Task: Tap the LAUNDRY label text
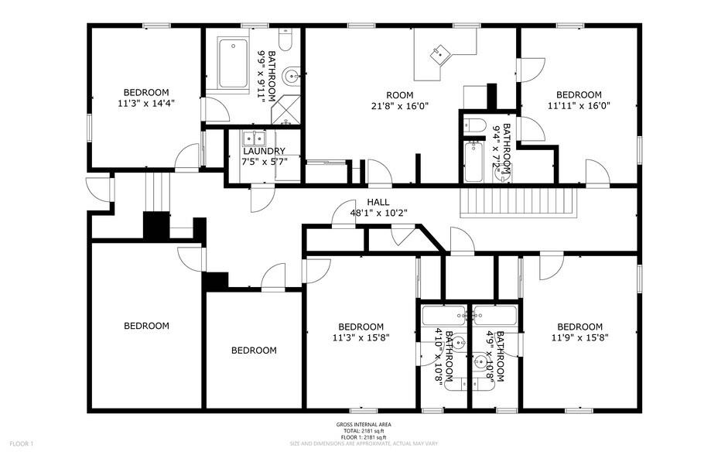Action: tap(264, 151)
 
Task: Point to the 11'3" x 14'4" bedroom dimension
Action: tap(146, 101)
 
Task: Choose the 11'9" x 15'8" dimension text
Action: tap(579, 337)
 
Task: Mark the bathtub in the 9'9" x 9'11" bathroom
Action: tap(234, 65)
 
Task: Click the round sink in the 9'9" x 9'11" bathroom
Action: tap(290, 76)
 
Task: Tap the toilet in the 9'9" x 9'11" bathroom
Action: tap(284, 39)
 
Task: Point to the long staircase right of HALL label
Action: tap(519, 203)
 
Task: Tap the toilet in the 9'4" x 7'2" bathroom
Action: tap(477, 125)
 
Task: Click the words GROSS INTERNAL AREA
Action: tap(364, 425)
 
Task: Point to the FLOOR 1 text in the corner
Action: tap(21, 443)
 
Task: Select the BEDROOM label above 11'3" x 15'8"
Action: tap(361, 327)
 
